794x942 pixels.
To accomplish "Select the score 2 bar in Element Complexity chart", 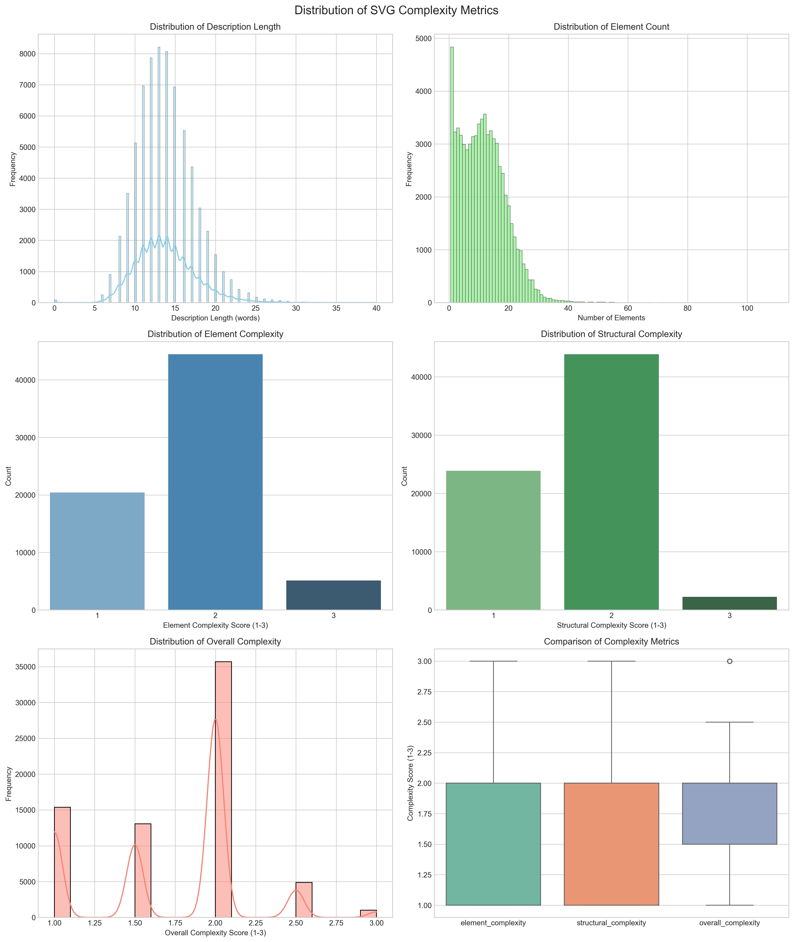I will point(215,481).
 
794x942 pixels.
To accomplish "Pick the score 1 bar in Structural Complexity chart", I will point(493,540).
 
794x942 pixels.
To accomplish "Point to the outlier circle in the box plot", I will point(730,661).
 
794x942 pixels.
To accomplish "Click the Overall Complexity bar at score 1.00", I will point(62,861).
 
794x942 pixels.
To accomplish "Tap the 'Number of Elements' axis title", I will point(611,318).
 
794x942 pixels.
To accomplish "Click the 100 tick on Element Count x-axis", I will point(747,308).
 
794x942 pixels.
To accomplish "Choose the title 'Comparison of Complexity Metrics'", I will point(611,641).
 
